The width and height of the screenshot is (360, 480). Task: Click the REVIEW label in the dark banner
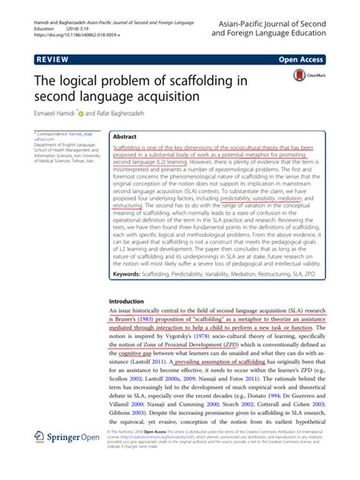point(52,58)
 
